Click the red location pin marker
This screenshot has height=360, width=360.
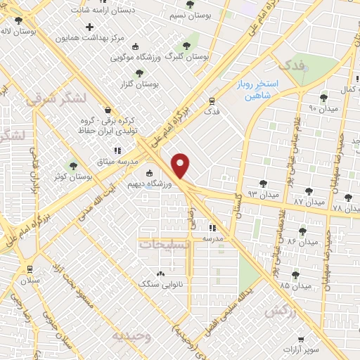click(x=181, y=166)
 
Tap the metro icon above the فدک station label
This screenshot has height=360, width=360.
click(x=212, y=100)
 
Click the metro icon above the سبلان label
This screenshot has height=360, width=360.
click(x=30, y=269)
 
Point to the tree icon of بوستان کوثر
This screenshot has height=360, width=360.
click(x=73, y=165)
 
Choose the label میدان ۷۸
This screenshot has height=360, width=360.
click(x=345, y=209)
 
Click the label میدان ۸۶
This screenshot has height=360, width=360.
click(x=302, y=243)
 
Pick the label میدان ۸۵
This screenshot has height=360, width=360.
click(x=295, y=286)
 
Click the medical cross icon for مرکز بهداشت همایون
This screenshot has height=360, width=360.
click(x=89, y=27)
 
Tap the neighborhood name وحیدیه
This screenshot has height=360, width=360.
click(x=131, y=335)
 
